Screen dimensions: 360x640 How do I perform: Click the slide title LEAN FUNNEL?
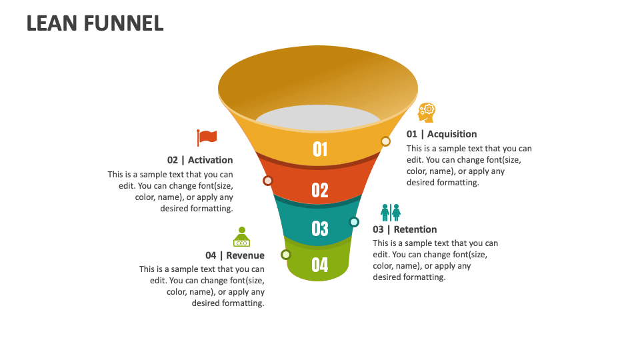click(95, 23)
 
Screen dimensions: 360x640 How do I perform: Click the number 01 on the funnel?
click(320, 149)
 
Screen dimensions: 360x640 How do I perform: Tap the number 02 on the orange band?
click(320, 190)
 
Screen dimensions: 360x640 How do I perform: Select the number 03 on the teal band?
click(320, 229)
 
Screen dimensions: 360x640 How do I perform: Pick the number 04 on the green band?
click(320, 265)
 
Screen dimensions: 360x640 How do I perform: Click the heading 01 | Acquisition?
click(441, 134)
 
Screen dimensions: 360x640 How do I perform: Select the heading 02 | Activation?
click(200, 160)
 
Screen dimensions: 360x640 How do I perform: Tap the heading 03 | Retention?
click(405, 229)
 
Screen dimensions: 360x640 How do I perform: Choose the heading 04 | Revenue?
click(235, 255)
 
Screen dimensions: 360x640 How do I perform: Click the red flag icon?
click(207, 137)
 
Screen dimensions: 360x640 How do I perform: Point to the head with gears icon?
click(426, 112)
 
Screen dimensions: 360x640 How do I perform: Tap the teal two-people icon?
click(391, 213)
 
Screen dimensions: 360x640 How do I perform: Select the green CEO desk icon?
click(241, 237)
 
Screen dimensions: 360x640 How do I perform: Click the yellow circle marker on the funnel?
click(385, 141)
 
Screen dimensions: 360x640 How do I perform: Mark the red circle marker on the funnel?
click(268, 181)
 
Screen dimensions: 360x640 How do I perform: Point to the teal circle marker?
click(354, 222)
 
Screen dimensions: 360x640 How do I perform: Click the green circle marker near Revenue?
click(286, 255)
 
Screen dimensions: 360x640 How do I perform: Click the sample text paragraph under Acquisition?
click(469, 165)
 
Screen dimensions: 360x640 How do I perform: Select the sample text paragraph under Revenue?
click(202, 286)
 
